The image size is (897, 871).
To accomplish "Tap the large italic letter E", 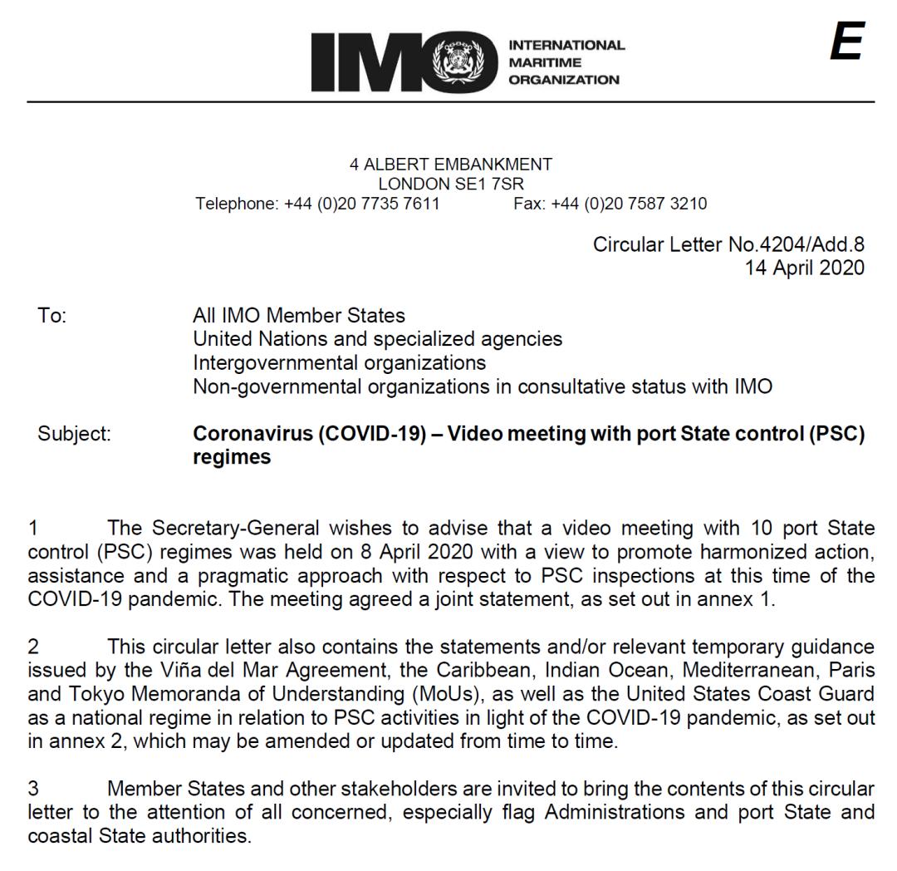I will tap(846, 42).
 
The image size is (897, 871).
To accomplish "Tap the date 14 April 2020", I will tap(805, 268).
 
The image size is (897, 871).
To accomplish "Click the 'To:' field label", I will tap(51, 317).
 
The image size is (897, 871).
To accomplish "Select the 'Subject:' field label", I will tap(74, 434).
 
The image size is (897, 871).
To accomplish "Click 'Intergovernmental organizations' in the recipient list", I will tap(340, 363).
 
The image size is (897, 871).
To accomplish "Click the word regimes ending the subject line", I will tap(232, 457).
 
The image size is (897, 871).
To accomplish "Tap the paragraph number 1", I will tap(33, 527).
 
